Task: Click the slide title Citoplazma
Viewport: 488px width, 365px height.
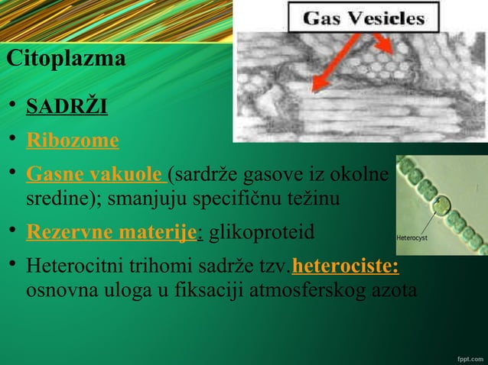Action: [65, 59]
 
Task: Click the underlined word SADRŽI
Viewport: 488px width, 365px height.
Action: [67, 105]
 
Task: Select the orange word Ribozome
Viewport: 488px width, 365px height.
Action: [73, 141]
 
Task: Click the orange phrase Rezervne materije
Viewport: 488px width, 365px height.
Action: [112, 232]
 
